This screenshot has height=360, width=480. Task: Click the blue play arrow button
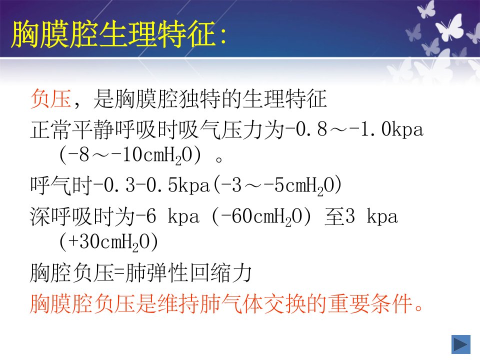[460, 344]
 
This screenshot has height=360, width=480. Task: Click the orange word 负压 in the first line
[51, 98]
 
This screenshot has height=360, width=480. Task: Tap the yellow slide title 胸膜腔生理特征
[113, 34]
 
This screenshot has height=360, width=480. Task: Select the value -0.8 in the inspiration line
[306, 129]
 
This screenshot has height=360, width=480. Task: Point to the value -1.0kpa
[386, 129]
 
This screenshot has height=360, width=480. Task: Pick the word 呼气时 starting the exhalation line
[61, 185]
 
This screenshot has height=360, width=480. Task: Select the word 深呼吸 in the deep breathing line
[61, 216]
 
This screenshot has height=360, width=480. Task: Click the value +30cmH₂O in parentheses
[108, 242]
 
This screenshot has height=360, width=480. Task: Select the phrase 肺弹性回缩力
[188, 272]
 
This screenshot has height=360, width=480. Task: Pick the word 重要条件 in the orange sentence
[370, 303]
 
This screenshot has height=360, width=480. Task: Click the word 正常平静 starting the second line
[72, 129]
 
